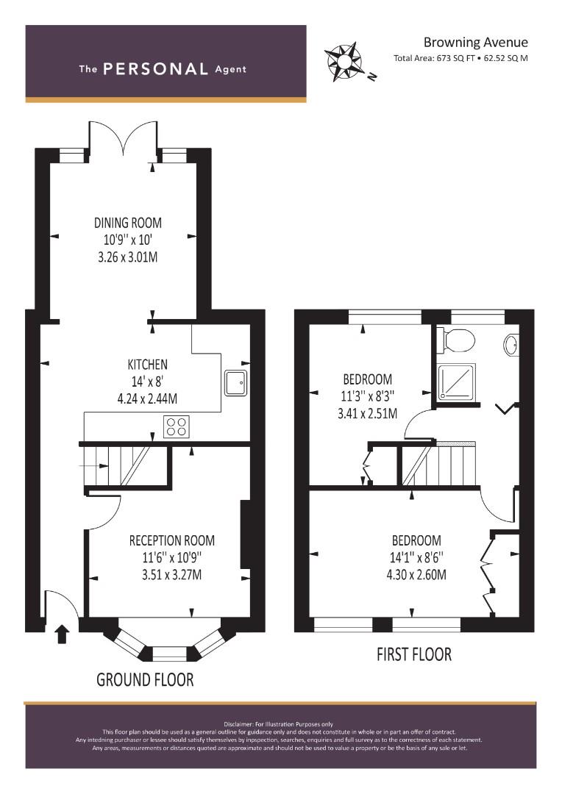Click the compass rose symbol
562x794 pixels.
[x=343, y=62]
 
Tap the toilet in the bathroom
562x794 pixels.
[x=455, y=340]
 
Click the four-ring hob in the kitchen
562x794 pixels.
[x=177, y=426]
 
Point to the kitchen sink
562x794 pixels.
[x=235, y=383]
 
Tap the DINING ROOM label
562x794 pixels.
[x=128, y=223]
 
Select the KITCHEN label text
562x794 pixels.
[x=147, y=365]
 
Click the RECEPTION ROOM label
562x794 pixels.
[x=172, y=540]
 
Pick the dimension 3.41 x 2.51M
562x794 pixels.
[x=367, y=414]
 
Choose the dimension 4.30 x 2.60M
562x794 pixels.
[x=416, y=575]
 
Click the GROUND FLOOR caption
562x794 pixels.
[x=145, y=679]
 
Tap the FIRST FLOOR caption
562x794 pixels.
[x=414, y=654]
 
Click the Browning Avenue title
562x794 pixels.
[x=476, y=42]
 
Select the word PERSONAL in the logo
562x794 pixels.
[x=155, y=69]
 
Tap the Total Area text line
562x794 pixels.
[x=460, y=58]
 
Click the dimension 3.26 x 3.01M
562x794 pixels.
[x=128, y=257]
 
